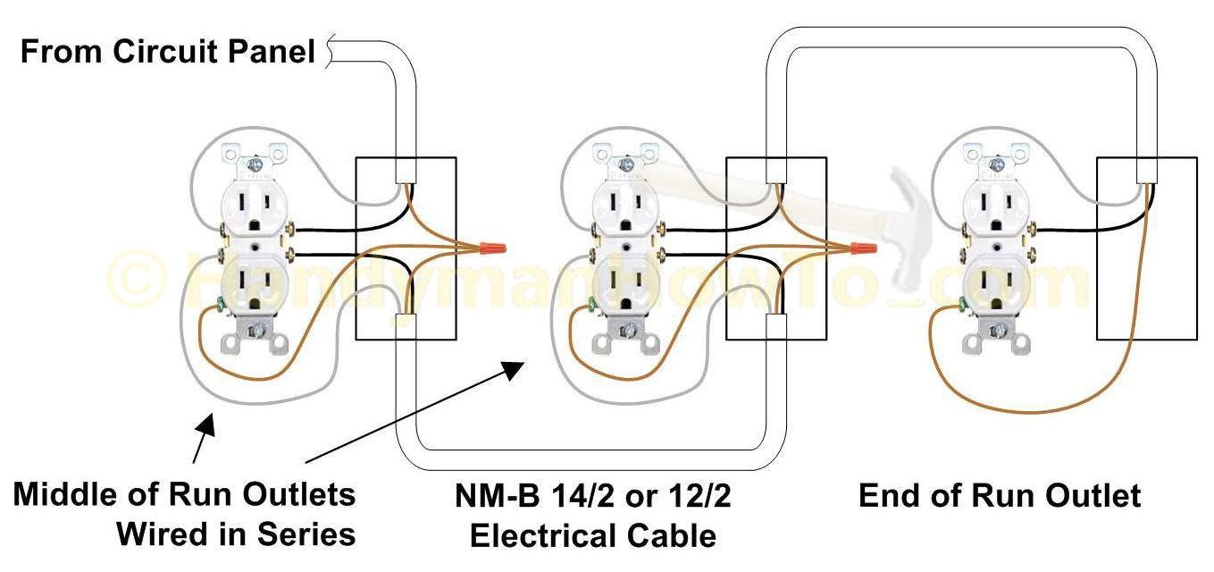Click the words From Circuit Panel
coord(168,52)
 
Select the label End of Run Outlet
coord(1000,496)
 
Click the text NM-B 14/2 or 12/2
coord(592,496)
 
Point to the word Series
coord(304,534)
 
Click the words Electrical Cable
coord(592,535)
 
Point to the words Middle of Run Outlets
coord(184,495)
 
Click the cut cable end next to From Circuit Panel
coord(332,51)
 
